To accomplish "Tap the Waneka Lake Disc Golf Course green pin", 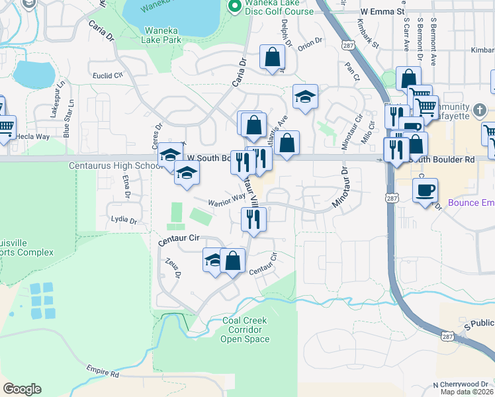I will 233,6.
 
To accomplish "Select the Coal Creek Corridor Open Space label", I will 245,330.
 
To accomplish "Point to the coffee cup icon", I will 425,191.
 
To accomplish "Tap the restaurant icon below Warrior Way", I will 253,220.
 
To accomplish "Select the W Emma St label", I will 382,12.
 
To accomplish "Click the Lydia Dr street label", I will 124,219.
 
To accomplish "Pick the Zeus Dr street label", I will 174,268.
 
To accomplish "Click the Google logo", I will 22,388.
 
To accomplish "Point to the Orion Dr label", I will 310,46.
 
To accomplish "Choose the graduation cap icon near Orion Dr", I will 305,97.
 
